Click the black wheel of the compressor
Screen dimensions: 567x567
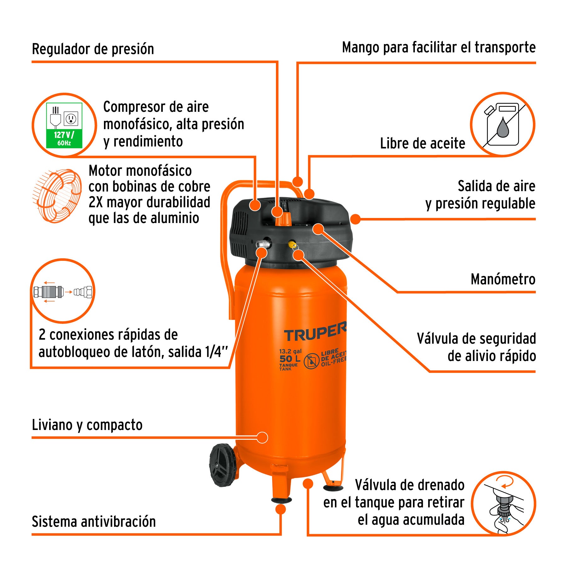tap(222, 465)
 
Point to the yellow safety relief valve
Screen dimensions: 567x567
tap(292, 244)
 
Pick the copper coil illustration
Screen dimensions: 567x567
tap(57, 196)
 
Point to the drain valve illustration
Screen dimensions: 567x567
tap(504, 504)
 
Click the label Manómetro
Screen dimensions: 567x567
tap(503, 279)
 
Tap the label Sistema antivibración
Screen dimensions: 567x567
tap(94, 521)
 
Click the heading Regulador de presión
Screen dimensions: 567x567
tap(93, 49)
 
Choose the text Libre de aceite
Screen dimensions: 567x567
tap(422, 143)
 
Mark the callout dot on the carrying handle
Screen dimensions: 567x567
tap(297, 182)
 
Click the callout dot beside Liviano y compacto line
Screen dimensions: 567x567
tap(262, 438)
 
